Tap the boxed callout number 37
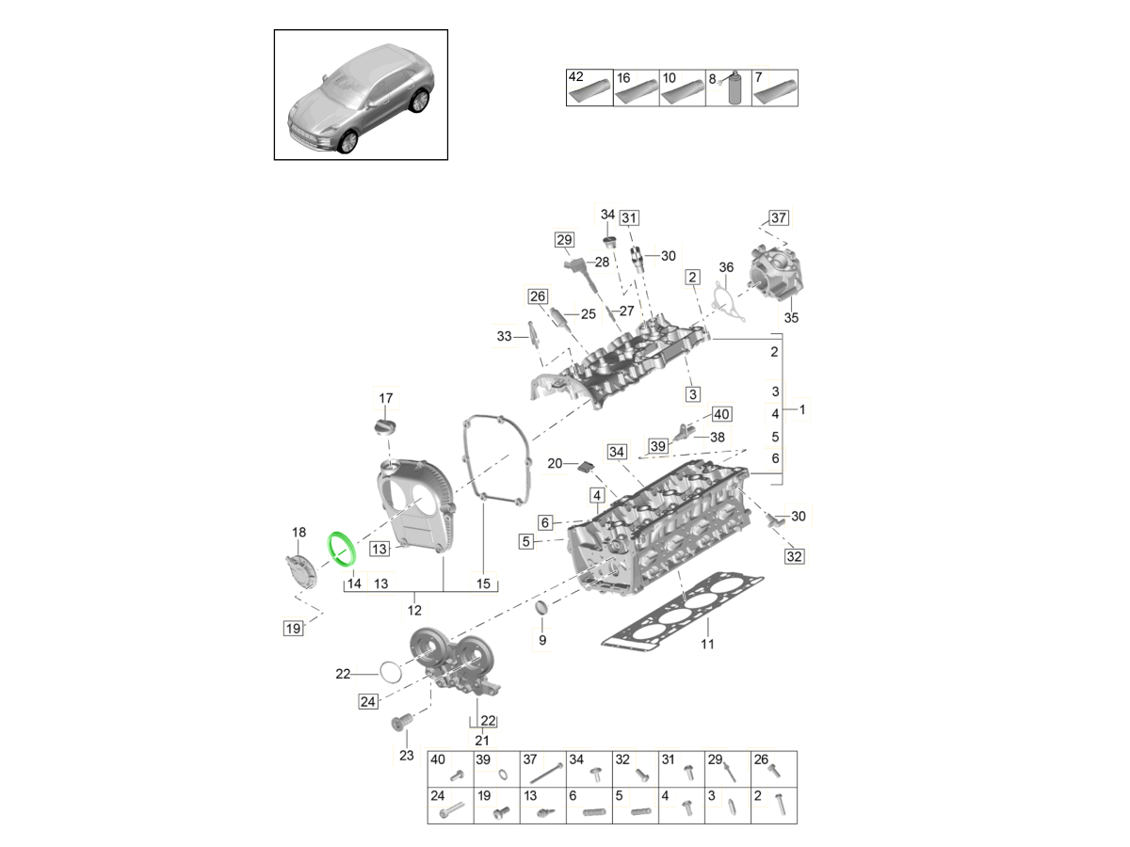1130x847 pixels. coord(778,218)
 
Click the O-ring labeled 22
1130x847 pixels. coord(390,672)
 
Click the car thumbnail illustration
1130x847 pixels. coord(361,95)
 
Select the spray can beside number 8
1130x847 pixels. coord(734,90)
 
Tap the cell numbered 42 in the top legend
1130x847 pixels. coord(589,88)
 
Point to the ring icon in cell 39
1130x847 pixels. coord(503,775)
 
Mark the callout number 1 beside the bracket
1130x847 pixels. coord(801,409)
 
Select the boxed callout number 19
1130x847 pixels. coord(294,628)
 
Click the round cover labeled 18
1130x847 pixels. coord(299,570)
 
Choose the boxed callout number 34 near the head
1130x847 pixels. coord(617,452)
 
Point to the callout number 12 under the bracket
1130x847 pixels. coord(414,610)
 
